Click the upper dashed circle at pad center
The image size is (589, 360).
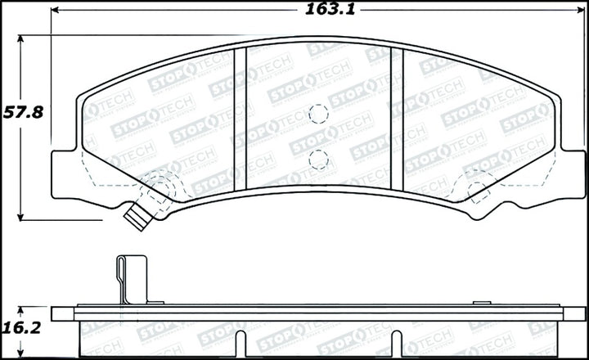pos(319,115)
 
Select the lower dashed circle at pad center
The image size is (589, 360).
pos(319,159)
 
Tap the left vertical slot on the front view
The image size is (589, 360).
pos(241,120)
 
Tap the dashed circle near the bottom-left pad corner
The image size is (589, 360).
pos(157,190)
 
